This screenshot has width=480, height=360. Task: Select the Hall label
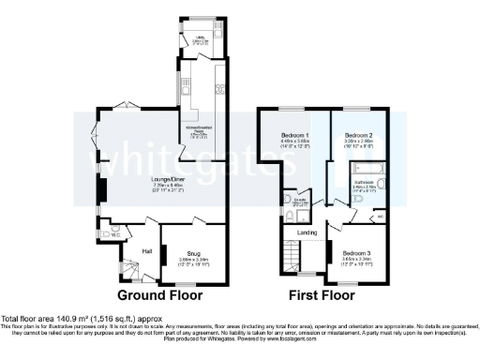coord(146,250)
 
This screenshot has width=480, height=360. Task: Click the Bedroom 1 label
coord(295,137)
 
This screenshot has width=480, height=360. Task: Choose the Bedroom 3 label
coord(356,253)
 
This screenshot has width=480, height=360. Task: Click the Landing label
coord(307,232)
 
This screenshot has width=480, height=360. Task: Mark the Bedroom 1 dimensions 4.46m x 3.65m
coord(295,143)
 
